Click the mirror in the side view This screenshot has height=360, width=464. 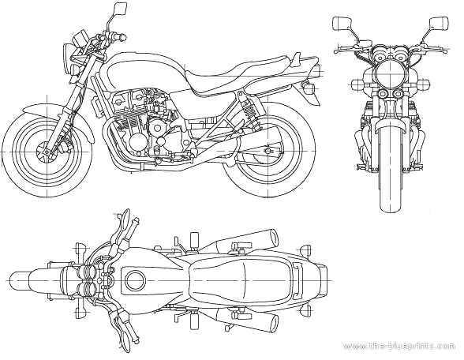tap(121, 9)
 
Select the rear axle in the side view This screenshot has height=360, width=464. tap(268, 151)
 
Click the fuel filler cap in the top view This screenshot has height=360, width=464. tap(135, 280)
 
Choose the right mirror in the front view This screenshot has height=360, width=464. tap(439, 24)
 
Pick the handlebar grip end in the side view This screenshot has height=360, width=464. tap(122, 37)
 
